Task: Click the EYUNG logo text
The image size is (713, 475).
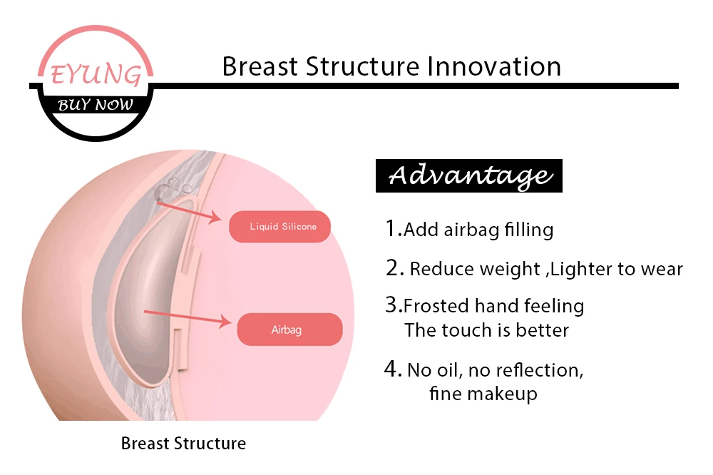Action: click(94, 74)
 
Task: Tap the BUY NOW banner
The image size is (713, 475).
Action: click(96, 104)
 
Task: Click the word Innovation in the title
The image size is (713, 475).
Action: click(493, 66)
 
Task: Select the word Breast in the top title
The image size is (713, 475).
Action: click(260, 66)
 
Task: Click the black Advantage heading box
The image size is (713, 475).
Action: click(468, 175)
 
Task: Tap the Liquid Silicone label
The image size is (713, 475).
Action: click(279, 227)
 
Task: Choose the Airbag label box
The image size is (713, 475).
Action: click(289, 330)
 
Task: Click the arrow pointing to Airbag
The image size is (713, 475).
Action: click(188, 317)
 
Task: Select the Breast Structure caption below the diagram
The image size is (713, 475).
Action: click(183, 444)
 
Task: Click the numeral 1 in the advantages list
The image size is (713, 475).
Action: click(391, 228)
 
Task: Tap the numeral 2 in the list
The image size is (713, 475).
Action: click(394, 268)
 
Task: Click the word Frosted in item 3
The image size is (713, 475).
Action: click(436, 307)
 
